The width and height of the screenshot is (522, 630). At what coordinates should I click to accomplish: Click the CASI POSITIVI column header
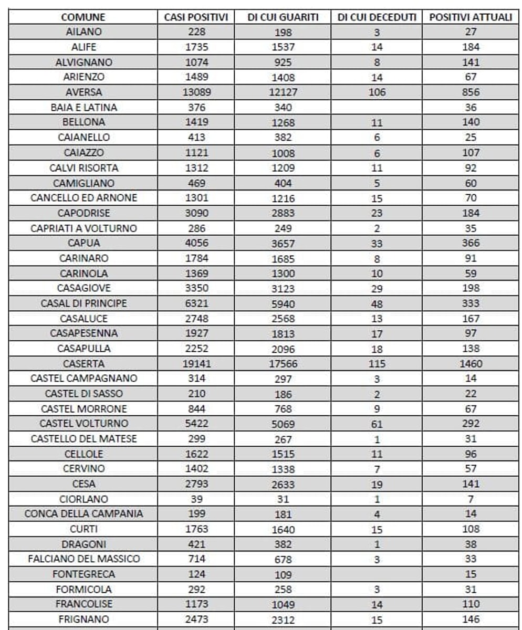tap(196, 17)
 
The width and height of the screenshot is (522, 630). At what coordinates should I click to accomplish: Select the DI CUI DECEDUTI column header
tap(377, 17)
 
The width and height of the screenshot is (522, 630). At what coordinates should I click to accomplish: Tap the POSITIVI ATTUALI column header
tap(471, 17)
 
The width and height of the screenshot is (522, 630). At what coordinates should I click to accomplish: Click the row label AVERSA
tap(83, 92)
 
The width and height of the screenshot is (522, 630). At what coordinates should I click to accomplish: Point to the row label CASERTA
tap(83, 363)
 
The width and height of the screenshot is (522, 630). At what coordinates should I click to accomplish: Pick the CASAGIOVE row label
tap(83, 288)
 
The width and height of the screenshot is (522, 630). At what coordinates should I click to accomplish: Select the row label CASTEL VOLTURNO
tap(83, 424)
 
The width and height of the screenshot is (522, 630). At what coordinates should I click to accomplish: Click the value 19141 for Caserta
tap(196, 363)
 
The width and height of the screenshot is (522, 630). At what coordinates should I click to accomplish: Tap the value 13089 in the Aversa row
tap(196, 92)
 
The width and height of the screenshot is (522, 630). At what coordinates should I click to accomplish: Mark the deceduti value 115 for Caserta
tap(377, 364)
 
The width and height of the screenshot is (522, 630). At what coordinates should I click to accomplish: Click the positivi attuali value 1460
tap(471, 363)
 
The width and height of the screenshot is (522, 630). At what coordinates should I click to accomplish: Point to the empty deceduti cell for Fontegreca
tap(377, 574)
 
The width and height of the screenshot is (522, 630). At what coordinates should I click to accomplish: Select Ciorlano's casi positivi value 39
tap(196, 499)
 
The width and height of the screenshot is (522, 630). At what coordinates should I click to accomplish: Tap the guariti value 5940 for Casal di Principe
tap(283, 304)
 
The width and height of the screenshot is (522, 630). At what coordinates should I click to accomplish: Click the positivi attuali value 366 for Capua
tap(471, 243)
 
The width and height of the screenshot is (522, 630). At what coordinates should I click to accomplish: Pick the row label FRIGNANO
tap(83, 619)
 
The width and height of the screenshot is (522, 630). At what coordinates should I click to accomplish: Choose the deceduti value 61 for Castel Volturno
tap(377, 424)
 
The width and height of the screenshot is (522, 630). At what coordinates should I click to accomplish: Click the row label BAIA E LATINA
tap(83, 108)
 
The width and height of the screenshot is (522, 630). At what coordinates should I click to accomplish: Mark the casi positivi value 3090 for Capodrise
tap(196, 213)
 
